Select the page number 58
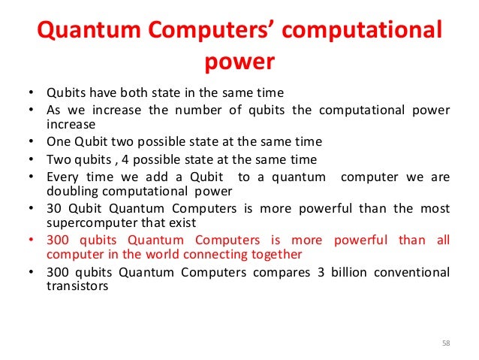point(446,343)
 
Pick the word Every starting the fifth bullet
point(63,177)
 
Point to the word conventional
point(417,271)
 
